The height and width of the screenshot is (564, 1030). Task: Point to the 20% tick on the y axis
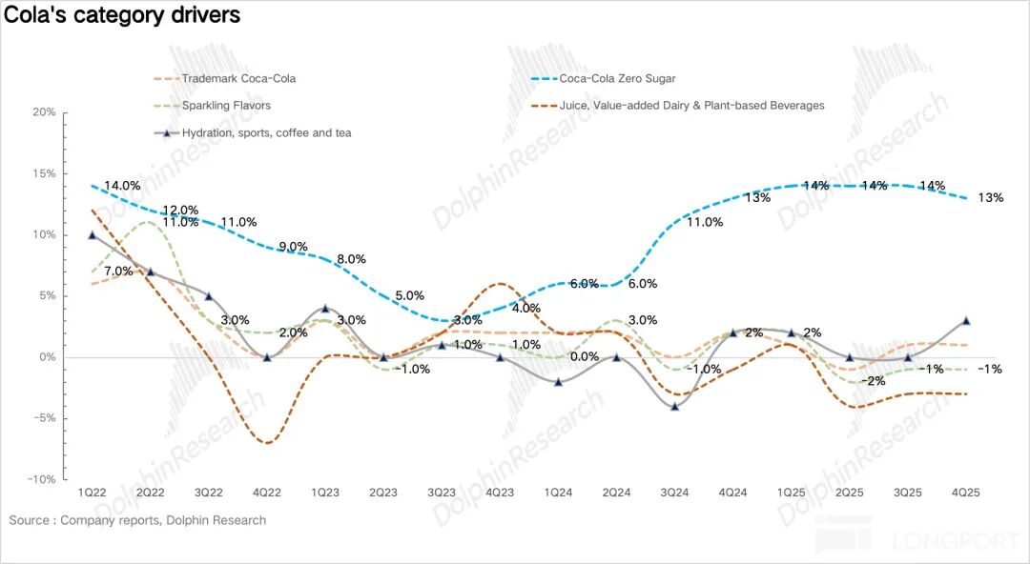pos(45,112)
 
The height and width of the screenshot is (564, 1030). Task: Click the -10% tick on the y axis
pos(43,480)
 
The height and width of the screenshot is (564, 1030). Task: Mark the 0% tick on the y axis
pos(48,357)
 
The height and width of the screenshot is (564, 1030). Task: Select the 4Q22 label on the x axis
pos(266,493)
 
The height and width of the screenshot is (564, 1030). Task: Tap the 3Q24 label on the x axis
pos(675,493)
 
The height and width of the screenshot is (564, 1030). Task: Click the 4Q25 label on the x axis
pos(966,493)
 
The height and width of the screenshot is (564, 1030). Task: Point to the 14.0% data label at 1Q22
pos(122,186)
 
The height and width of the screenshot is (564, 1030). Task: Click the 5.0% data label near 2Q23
pos(409,295)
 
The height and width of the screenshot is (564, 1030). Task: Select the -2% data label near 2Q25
pos(873,381)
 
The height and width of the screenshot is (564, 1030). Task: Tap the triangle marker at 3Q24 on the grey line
pos(675,407)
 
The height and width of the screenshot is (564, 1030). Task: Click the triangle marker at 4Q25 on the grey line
pos(966,321)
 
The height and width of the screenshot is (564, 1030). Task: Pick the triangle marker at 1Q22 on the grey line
pos(92,234)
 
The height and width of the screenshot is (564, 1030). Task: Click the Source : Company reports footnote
pos(138,520)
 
